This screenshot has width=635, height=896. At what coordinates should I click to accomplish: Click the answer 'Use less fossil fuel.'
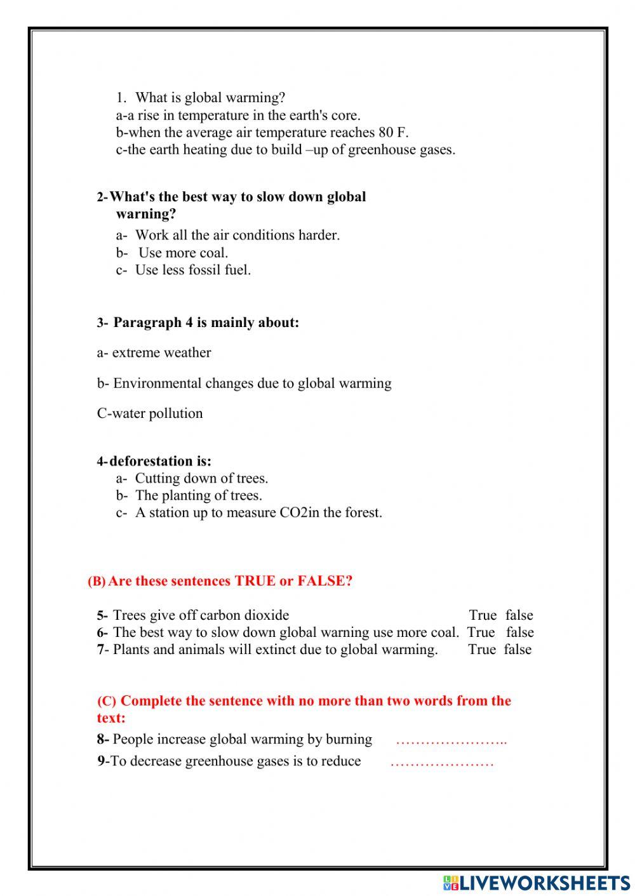(x=192, y=270)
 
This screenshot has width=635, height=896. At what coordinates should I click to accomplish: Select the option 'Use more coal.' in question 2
(x=183, y=253)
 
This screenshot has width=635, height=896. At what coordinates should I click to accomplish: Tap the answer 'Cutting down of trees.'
(x=201, y=478)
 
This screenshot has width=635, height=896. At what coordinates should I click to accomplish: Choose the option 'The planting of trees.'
(x=198, y=495)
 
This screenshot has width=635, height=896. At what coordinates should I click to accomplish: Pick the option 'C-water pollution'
(x=150, y=413)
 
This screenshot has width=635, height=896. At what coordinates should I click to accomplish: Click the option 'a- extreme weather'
(x=154, y=352)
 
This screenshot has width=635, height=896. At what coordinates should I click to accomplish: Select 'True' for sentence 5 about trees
(x=483, y=615)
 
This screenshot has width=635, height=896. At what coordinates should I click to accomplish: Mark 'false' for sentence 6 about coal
(x=519, y=632)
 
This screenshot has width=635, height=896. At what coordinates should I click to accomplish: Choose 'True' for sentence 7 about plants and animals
(x=482, y=650)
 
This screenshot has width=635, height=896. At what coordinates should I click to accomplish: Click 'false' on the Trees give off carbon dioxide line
(x=519, y=615)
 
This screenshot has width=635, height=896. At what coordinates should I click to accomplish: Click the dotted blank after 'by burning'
(x=451, y=740)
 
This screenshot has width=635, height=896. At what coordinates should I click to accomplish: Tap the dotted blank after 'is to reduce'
(x=442, y=762)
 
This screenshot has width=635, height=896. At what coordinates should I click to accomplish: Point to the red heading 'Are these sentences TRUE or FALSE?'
(x=230, y=581)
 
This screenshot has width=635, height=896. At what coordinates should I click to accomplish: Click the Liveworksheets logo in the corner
(x=536, y=882)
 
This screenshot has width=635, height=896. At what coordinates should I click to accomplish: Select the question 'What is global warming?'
(x=210, y=98)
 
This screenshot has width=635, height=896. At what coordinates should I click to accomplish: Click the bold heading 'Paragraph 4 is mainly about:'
(x=206, y=323)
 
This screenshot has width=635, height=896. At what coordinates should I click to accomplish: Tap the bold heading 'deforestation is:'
(x=161, y=461)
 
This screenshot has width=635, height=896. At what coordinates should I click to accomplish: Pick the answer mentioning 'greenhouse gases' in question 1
(x=286, y=150)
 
